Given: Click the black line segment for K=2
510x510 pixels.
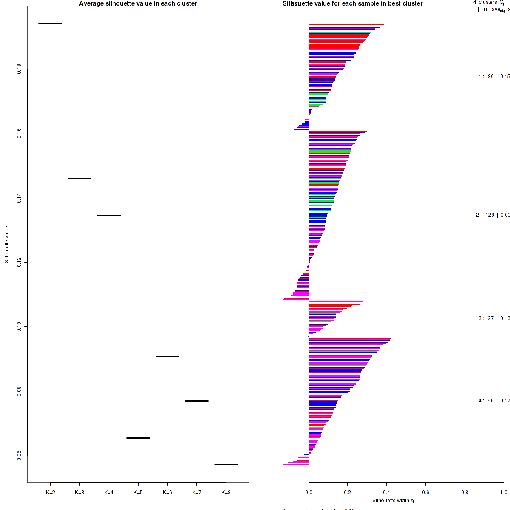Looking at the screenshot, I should pos(50,23).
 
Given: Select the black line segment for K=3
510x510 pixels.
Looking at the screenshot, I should pos(79,178).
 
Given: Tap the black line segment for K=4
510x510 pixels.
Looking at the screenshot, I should pos(109,215).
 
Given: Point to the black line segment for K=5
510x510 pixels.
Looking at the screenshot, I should pos(138,438).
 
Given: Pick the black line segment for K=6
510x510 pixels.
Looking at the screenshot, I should pos(167,357).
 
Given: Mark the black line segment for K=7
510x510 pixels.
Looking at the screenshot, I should pos(197,401).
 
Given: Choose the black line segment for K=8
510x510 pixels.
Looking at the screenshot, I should pos(226,465).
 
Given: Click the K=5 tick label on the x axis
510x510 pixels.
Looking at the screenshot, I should pos(138,493).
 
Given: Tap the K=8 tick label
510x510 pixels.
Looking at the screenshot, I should pos(226,493).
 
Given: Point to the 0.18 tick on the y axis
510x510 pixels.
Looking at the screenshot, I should pos(20,69).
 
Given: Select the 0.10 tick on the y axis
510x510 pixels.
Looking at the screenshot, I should pos(20,326).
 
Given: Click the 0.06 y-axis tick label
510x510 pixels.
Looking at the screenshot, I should pos(20,456).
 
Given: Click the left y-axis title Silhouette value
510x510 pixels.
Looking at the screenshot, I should pos(7,244).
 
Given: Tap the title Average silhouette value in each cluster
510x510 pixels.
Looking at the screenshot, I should pos(138,3).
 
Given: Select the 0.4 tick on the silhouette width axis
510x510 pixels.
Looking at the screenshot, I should pos(387,493).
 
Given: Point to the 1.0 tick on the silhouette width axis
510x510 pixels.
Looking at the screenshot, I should pos(504,493).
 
